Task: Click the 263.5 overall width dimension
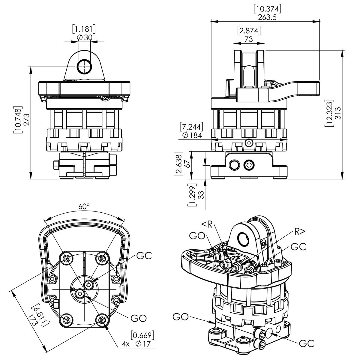click(x=267, y=17)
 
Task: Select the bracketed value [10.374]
click(x=267, y=9)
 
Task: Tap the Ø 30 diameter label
click(x=85, y=37)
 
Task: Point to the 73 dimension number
click(x=249, y=39)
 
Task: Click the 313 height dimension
click(x=338, y=113)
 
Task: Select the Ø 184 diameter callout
click(x=192, y=135)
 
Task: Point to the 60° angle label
click(x=84, y=206)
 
